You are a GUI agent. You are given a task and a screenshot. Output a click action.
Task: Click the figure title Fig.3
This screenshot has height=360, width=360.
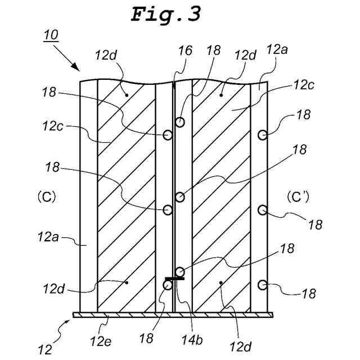click(165, 14)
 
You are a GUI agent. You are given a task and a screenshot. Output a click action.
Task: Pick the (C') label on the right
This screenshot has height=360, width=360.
click(296, 197)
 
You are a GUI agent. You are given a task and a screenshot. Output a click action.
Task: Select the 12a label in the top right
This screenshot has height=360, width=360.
click(277, 49)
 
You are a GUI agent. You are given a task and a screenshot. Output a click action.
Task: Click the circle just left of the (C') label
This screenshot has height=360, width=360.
click(262, 210)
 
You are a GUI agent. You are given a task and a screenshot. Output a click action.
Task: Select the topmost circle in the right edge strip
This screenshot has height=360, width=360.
click(262, 134)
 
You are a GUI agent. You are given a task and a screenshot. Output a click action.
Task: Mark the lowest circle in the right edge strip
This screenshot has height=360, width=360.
click(262, 285)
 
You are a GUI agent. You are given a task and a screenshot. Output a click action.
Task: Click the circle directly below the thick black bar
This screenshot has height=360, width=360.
click(167, 285)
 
